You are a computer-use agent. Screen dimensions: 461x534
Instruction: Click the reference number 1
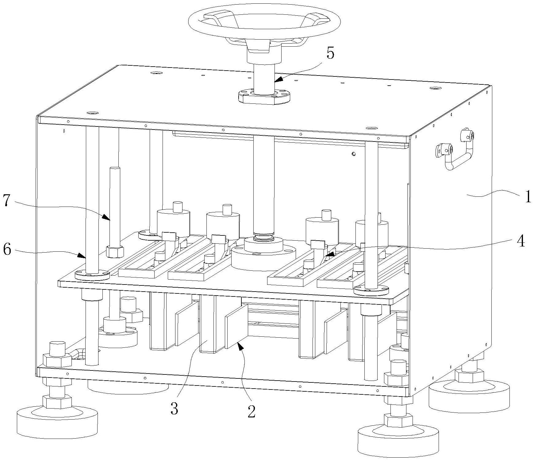coord(527,196)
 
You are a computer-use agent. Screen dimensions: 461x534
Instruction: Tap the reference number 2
coord(251,412)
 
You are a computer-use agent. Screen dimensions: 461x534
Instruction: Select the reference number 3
coord(174,409)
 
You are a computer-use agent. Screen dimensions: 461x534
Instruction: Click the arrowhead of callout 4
coord(328,254)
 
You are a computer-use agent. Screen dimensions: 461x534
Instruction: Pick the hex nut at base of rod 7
coord(115,252)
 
